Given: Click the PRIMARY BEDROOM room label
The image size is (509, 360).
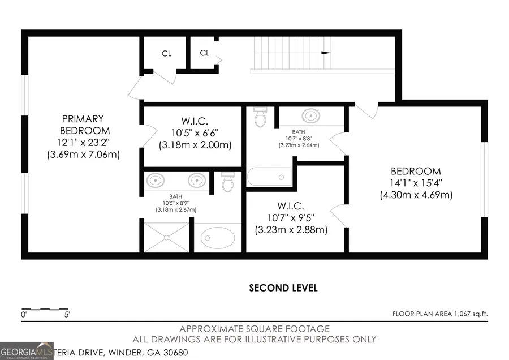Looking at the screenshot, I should (x=83, y=125).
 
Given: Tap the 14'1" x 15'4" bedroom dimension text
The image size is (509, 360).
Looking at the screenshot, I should (x=416, y=183).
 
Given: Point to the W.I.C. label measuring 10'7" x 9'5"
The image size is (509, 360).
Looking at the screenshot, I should (x=291, y=205).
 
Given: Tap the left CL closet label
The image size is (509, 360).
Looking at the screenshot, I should (x=166, y=54).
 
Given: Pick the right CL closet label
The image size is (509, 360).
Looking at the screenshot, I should (x=205, y=53).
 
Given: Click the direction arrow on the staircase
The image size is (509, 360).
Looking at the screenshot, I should (x=326, y=53).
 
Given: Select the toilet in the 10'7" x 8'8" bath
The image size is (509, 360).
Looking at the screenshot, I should (x=261, y=117).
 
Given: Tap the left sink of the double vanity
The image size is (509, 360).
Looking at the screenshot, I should (x=156, y=181).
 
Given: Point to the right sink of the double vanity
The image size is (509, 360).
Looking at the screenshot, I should (x=196, y=181).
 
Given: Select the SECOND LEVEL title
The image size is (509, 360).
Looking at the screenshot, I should (x=283, y=288).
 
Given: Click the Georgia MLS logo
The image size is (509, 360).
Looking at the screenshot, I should (x=27, y=351).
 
